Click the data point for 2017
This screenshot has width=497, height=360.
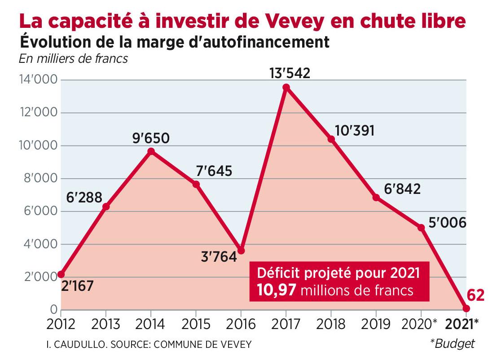click(286, 87)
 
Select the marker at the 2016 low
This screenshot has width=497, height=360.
click(241, 250)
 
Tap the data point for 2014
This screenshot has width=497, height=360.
click(151, 151)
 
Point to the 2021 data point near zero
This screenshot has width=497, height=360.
click(466, 308)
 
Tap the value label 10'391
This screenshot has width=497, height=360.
click(355, 131)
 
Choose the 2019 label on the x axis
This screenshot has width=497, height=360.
click(376, 324)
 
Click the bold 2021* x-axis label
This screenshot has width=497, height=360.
click(462, 324)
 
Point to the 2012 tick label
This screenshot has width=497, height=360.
click(61, 324)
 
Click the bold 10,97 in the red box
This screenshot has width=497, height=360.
click(277, 290)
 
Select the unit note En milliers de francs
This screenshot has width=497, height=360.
click(73, 59)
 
